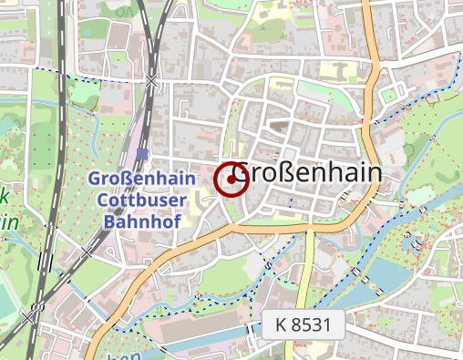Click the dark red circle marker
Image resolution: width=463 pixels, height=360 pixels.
click(x=231, y=180)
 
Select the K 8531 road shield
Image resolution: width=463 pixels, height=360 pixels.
click(x=308, y=324)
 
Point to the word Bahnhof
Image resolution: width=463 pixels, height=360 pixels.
click(x=141, y=221)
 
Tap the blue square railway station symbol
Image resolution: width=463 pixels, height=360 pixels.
click(x=142, y=154)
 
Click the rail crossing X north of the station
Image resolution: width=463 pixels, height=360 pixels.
click(x=151, y=83)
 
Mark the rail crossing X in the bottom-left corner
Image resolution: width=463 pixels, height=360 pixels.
click(x=33, y=315)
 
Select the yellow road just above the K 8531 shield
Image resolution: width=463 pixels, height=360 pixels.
click(x=307, y=273)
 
